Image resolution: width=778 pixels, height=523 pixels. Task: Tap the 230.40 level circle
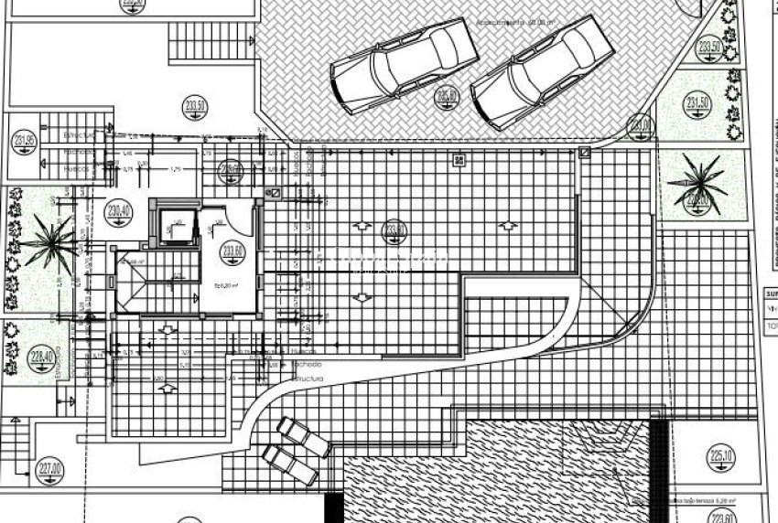119,211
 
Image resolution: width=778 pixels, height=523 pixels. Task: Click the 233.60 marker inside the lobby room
232,251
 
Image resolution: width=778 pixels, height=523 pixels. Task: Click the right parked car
540,72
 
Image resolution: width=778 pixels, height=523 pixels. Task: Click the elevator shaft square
173,225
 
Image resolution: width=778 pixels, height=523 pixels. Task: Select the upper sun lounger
305,436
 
